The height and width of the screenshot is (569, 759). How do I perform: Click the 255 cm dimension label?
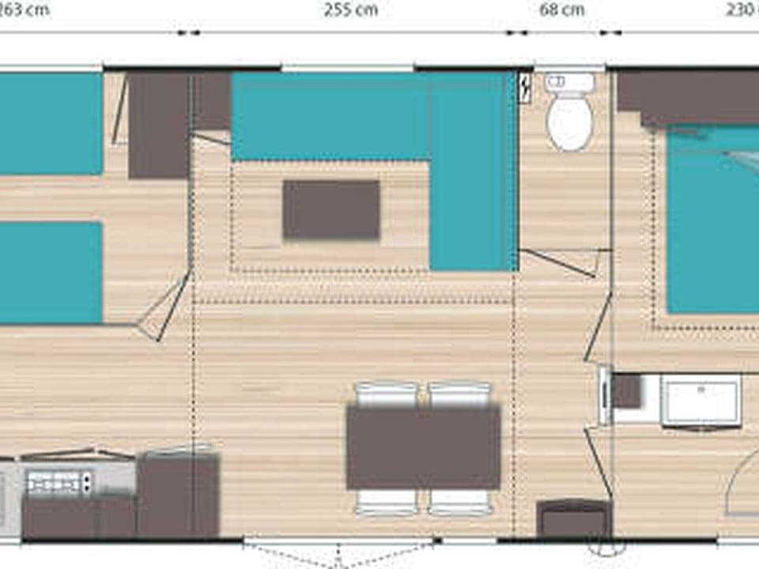(x=350, y=10)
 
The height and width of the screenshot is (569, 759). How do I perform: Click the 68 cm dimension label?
(x=562, y=10)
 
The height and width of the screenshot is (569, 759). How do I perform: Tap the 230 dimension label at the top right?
(x=742, y=10)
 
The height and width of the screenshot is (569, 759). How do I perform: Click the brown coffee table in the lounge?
(x=331, y=209)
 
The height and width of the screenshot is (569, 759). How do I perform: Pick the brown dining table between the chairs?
(x=423, y=447)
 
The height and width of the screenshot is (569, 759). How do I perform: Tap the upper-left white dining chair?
(x=387, y=394)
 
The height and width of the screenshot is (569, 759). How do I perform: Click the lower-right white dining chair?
(x=460, y=502)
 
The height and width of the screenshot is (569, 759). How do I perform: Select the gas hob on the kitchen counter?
(x=59, y=480)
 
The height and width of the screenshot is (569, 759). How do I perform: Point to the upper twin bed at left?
(x=49, y=123)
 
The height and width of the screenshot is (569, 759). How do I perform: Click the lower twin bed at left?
(x=49, y=272)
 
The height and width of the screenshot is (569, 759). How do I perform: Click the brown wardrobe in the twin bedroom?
(x=159, y=125)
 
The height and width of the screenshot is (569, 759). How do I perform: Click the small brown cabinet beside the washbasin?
(x=627, y=391)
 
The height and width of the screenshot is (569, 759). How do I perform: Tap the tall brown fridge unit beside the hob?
(x=178, y=496)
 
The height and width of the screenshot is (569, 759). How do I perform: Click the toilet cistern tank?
(x=569, y=82)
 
